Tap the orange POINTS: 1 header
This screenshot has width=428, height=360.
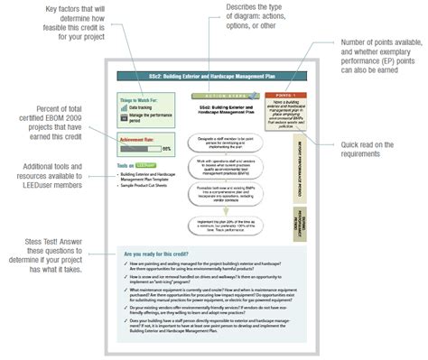tap(288, 95)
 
